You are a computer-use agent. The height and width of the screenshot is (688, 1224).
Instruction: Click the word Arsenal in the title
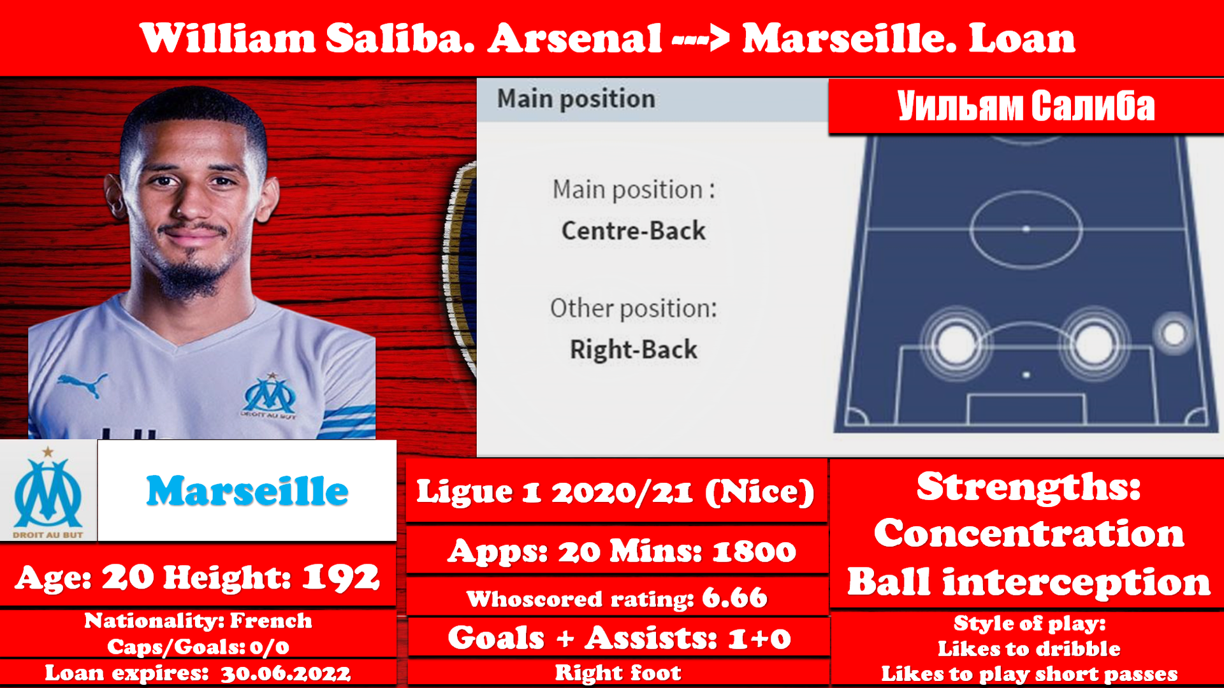click(575, 38)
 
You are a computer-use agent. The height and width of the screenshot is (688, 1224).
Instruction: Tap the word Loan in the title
click(1022, 38)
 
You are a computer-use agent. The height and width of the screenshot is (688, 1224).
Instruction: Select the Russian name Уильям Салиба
click(1026, 106)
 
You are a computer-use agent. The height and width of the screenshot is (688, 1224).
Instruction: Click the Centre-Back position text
click(633, 231)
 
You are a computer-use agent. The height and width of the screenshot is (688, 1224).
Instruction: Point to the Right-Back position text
click(633, 350)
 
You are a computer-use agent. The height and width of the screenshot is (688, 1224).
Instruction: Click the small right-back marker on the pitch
click(1174, 333)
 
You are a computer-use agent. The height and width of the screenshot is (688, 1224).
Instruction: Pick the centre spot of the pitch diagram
click(1026, 229)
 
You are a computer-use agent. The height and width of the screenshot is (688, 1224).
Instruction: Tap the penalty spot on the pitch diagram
click(1026, 375)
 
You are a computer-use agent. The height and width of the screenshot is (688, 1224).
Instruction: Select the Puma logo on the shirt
click(83, 383)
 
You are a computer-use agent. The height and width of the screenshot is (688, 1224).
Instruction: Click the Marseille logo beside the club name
click(48, 491)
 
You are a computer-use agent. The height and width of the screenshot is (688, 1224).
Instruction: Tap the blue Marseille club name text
click(247, 491)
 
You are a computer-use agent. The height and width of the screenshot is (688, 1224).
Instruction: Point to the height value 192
click(340, 578)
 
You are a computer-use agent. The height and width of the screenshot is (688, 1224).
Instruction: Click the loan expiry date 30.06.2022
click(286, 673)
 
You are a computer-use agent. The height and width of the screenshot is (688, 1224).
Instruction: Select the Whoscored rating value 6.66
click(734, 598)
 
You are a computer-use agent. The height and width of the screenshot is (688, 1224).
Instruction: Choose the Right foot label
click(618, 673)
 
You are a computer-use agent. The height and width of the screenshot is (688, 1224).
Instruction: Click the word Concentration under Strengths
click(1029, 533)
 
